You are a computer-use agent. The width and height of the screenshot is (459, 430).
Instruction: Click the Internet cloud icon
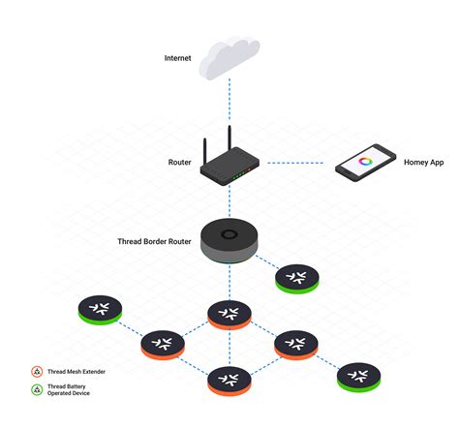(x=229, y=58)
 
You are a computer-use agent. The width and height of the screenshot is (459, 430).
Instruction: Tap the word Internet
(x=177, y=58)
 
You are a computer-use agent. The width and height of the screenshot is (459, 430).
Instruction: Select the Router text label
(x=179, y=162)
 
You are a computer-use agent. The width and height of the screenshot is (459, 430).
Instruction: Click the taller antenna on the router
(x=229, y=138)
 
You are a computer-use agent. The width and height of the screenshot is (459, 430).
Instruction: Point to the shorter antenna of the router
(x=204, y=152)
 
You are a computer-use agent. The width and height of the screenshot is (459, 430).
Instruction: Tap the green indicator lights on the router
(x=238, y=175)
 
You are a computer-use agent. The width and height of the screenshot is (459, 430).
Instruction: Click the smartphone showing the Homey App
(x=365, y=163)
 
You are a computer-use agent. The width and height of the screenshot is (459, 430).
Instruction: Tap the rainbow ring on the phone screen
(x=365, y=161)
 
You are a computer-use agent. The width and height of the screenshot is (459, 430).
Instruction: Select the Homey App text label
(x=423, y=163)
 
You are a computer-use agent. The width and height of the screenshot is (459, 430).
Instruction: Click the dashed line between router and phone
(x=295, y=163)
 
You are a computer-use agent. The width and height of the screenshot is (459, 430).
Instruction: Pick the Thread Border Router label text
(x=154, y=241)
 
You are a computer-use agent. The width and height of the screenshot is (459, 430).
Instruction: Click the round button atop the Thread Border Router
(x=229, y=234)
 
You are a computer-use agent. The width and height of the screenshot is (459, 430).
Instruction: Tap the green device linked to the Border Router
(x=297, y=279)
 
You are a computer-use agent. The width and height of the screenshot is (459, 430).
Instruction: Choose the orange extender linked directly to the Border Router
(x=229, y=315)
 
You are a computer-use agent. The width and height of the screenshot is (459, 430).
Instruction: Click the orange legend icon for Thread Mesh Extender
(x=37, y=372)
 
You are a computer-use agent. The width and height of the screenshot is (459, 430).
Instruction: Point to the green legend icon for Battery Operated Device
(x=37, y=389)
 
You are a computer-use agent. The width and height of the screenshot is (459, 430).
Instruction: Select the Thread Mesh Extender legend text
(x=76, y=372)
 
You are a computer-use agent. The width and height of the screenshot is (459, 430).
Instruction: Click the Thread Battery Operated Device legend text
(x=69, y=389)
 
